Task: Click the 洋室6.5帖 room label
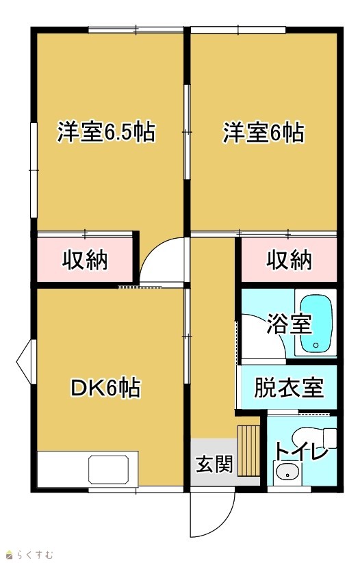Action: (106, 132)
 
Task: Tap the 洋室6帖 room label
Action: (263, 133)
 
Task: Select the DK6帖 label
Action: (105, 387)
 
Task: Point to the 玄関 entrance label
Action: (214, 464)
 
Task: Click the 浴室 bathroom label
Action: (289, 324)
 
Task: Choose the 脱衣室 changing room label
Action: (289, 387)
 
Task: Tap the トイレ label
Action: (301, 451)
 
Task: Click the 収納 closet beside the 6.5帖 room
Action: (85, 259)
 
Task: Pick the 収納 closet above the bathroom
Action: (289, 259)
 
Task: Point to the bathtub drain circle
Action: (316, 345)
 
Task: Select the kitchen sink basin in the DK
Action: (109, 470)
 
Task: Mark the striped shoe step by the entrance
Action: (248, 450)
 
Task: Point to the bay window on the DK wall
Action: (26, 362)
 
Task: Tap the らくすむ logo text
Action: (34, 555)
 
